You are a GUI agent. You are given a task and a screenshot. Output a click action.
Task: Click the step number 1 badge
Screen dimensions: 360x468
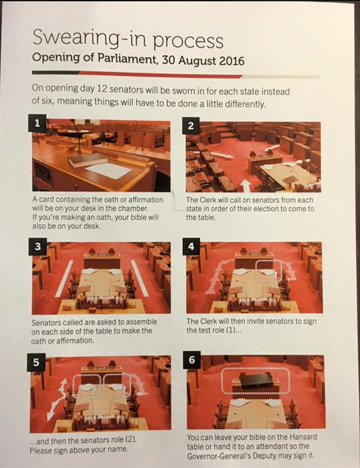[38, 123]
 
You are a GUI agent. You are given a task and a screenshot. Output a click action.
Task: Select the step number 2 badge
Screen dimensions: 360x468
[191, 126]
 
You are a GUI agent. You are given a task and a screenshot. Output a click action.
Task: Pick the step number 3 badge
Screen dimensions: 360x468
[38, 246]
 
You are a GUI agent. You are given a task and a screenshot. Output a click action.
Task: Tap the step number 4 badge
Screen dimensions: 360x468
[191, 246]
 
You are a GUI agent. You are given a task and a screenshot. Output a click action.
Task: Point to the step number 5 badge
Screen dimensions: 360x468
[36, 362]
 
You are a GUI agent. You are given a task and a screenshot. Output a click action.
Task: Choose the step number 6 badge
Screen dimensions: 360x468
[192, 360]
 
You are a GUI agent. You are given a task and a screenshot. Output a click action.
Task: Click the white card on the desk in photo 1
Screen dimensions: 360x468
[109, 170]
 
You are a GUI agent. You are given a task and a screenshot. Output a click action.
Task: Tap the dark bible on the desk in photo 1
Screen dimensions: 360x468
[88, 160]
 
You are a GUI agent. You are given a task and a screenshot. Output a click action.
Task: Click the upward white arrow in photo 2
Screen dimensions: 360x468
[246, 185]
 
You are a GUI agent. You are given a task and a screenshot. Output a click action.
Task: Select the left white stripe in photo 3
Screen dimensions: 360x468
[64, 279]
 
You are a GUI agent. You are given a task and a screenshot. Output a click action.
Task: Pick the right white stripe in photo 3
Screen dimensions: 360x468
[140, 279]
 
